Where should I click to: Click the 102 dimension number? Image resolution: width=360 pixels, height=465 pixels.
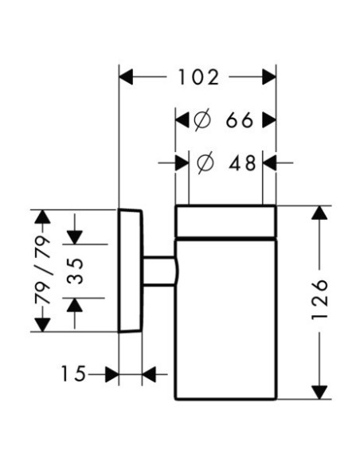(198, 77)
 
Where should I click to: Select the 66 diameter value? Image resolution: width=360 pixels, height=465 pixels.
(240, 120)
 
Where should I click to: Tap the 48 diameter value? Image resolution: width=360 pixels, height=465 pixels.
(242, 162)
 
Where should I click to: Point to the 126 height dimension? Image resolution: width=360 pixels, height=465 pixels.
(320, 299)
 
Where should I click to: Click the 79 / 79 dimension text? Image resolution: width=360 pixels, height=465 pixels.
(43, 270)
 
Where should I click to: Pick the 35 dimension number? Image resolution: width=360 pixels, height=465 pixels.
(74, 271)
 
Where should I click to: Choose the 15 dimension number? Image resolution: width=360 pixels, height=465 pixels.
(73, 373)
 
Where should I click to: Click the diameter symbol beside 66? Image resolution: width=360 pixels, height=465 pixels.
(202, 119)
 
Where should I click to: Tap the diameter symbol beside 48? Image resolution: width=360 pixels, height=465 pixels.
(205, 162)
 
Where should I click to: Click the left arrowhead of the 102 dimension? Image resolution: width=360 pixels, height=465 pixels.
(126, 77)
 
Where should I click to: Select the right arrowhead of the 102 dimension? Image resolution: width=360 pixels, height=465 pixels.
(269, 77)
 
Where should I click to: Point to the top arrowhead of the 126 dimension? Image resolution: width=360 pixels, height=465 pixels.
(319, 213)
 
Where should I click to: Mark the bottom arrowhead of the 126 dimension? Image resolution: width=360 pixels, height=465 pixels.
(319, 393)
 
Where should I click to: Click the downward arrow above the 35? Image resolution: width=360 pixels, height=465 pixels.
(74, 229)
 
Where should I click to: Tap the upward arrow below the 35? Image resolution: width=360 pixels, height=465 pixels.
(74, 313)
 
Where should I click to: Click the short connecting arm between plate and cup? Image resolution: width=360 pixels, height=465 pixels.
(160, 271)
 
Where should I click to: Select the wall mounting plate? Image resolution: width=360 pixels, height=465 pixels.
(131, 271)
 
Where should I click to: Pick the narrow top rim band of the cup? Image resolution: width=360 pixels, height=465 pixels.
(226, 221)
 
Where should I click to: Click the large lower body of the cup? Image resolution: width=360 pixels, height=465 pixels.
(226, 320)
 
